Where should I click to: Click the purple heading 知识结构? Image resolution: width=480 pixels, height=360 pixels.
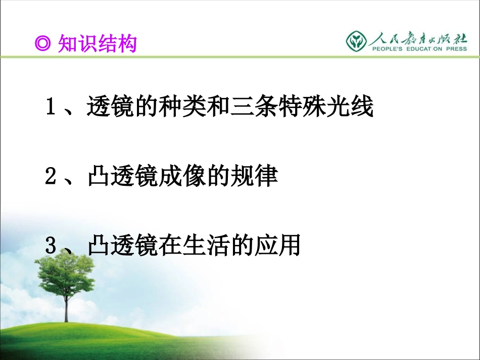[98, 43]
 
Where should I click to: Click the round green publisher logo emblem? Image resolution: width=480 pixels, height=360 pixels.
[356, 41]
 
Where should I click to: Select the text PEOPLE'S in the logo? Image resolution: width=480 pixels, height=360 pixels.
[387, 49]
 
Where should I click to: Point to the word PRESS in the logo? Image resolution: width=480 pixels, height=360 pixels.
[456, 49]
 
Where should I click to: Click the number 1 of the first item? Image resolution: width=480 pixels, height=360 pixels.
[51, 106]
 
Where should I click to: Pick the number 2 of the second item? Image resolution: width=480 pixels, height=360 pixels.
[51, 176]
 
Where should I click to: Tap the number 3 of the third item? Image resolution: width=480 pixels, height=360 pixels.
[51, 245]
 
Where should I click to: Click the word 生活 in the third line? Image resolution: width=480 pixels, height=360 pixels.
[207, 245]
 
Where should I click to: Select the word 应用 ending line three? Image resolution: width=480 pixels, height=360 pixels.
[278, 245]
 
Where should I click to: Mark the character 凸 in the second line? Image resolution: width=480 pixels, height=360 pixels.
[99, 176]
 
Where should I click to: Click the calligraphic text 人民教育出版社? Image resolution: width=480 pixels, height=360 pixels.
[418, 39]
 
